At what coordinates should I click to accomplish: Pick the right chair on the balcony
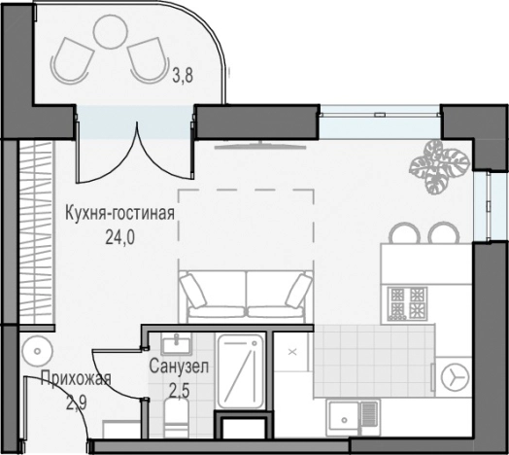(148, 59)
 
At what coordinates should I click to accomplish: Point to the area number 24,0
(119, 233)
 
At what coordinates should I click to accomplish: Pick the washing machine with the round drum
(452, 373)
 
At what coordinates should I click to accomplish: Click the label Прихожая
(74, 379)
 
